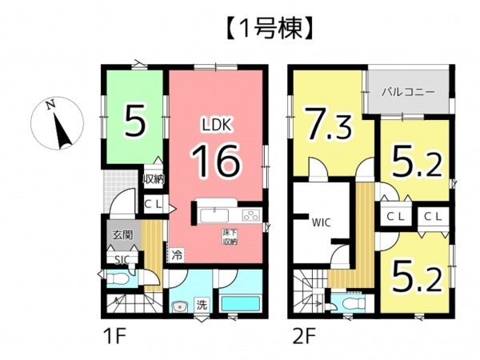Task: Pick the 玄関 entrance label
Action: tap(122, 235)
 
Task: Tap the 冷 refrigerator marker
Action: tap(176, 256)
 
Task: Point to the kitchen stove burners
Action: tap(250, 214)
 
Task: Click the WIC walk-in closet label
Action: tap(322, 222)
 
